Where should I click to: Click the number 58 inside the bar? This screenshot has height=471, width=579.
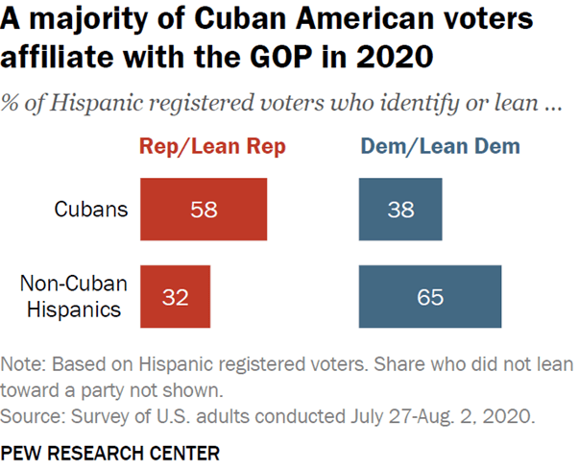(204, 208)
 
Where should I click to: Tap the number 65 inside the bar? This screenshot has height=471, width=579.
(430, 297)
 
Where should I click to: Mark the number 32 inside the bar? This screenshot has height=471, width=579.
(175, 297)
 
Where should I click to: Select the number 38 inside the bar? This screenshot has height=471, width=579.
(399, 208)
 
